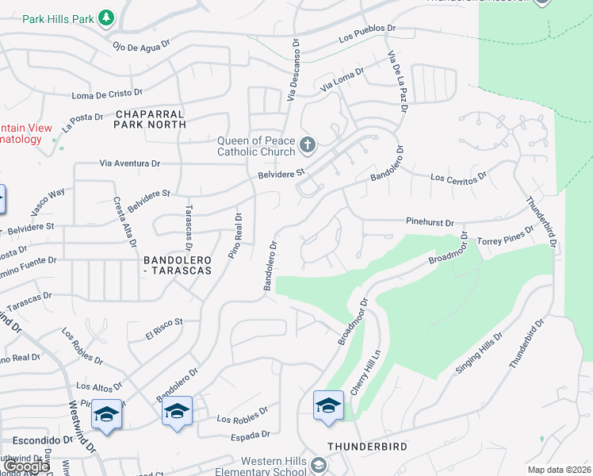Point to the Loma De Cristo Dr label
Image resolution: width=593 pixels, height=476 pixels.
[x=107, y=94]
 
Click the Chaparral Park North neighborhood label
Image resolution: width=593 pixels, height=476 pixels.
[x=149, y=119]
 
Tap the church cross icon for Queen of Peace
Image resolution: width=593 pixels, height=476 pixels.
[x=308, y=145]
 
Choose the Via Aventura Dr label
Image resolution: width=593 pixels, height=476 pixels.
[x=130, y=163]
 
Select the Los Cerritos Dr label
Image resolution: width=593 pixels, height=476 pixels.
[x=458, y=177]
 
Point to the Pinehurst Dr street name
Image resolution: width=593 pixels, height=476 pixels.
[x=430, y=224]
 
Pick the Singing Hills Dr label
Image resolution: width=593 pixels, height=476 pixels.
[x=479, y=354]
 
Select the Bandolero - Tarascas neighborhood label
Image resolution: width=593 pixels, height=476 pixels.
[x=178, y=265]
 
